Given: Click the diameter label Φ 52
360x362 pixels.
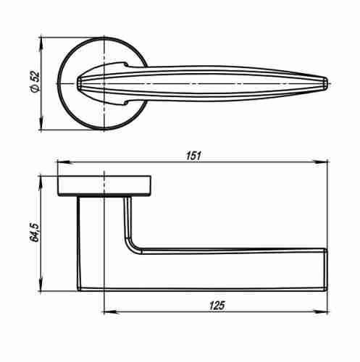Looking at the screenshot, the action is click(x=35, y=82).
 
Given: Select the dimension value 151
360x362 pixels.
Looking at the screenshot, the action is click(x=193, y=156).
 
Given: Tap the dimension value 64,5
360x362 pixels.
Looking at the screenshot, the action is click(x=34, y=232).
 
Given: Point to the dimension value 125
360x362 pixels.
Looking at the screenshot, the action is click(x=217, y=306).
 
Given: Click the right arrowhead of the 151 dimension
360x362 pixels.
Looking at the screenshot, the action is click(x=320, y=162).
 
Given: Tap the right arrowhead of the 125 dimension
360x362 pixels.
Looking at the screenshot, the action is click(x=320, y=312).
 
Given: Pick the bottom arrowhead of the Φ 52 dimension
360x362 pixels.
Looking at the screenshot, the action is click(x=41, y=123).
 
